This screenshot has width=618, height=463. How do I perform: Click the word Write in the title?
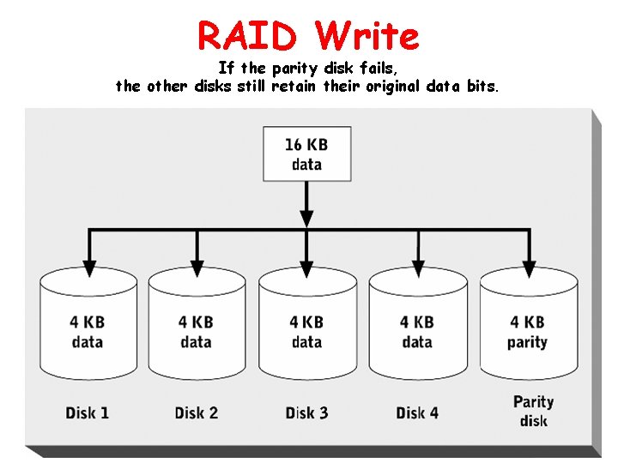[x=367, y=36]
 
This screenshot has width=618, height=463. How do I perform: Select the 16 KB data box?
[x=306, y=154]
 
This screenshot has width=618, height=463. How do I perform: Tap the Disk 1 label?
[x=87, y=412]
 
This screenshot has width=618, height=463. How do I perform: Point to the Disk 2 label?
[x=197, y=412]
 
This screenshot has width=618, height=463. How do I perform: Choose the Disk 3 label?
[x=306, y=412]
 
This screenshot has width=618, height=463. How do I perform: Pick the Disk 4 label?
[x=417, y=412]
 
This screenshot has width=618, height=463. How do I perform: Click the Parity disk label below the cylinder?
[x=533, y=411]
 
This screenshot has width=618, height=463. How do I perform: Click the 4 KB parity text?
[x=527, y=332]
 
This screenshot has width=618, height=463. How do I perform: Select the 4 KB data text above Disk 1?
[x=87, y=332]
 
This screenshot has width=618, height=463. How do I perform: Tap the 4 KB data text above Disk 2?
[x=197, y=332]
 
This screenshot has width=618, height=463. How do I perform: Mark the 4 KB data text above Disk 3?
[x=306, y=332]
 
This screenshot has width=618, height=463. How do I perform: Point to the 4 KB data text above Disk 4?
[x=417, y=332]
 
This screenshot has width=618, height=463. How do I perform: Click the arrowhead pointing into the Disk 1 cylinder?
[x=87, y=268]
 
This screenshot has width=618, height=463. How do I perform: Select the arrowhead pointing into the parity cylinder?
[x=528, y=268]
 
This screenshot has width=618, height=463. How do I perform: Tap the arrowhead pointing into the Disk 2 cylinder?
[x=197, y=268]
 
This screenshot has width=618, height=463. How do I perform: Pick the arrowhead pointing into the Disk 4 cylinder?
[x=418, y=268]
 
